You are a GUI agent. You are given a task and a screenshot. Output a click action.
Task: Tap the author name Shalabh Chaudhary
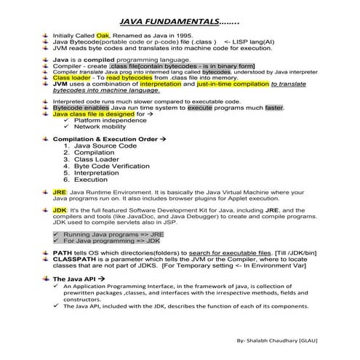(x=279, y=340)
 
